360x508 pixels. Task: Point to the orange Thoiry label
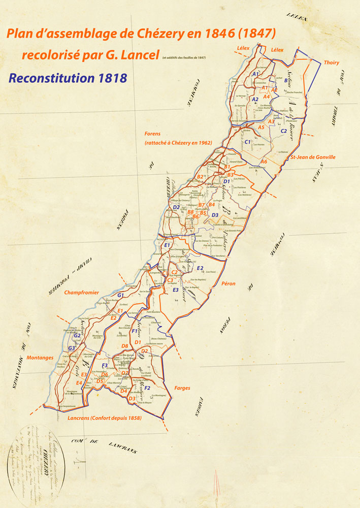332,62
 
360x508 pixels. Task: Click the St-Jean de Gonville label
312,157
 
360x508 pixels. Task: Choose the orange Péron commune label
228,283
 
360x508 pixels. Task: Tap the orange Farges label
182,388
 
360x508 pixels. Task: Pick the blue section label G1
120,295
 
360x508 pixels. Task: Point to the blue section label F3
105,365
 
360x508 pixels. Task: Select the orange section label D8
124,346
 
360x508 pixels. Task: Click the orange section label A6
264,161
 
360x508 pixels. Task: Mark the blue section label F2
147,388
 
